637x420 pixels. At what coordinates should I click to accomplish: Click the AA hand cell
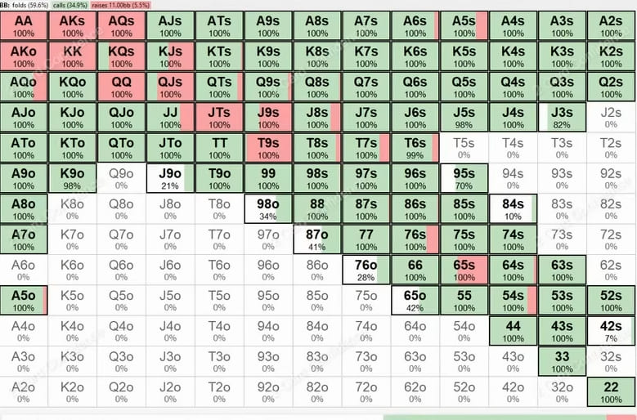[x=24, y=26]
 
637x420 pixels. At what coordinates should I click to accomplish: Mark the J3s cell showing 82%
[x=562, y=118]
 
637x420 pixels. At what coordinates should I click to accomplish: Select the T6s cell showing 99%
[x=415, y=148]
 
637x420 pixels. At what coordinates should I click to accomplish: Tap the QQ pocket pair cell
[x=121, y=87]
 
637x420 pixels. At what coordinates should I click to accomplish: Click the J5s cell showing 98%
[x=464, y=118]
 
